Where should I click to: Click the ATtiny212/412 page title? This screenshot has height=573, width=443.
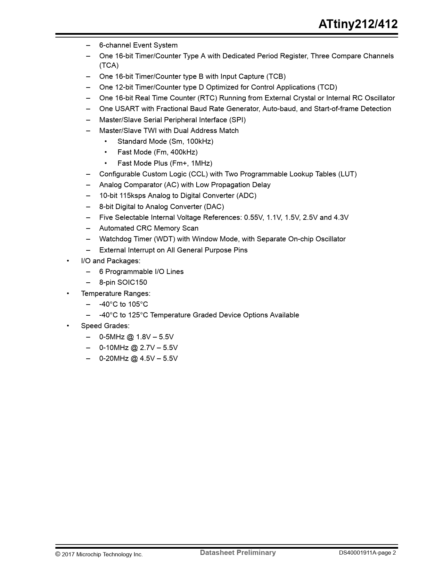(358, 24)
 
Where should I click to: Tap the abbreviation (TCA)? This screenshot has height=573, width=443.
(109, 66)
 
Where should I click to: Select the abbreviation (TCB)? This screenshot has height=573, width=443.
(276, 76)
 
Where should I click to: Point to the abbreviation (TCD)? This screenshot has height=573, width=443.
(327, 87)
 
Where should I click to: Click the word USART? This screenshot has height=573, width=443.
(127, 109)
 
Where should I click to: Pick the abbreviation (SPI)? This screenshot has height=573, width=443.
(237, 120)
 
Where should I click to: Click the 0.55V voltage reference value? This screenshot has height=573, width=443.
(254, 217)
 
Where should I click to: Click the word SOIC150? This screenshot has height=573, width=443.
(132, 282)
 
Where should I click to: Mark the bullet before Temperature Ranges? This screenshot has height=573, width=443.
(68, 293)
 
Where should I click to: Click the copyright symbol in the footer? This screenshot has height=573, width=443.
(58, 554)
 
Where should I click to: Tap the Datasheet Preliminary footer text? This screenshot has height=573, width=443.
(238, 553)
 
